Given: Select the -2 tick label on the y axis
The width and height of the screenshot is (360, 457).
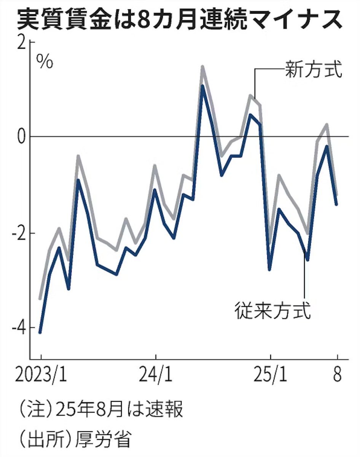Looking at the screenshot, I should click(x=18, y=233).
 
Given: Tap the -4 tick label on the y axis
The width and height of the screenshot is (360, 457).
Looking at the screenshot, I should click(x=18, y=328).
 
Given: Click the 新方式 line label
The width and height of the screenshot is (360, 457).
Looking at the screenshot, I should click(x=314, y=70).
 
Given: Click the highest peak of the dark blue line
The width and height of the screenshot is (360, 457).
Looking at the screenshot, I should click(x=202, y=86).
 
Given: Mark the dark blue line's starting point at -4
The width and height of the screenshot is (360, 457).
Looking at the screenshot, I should click(x=40, y=332).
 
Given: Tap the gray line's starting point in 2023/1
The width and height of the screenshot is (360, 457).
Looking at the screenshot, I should click(x=40, y=299).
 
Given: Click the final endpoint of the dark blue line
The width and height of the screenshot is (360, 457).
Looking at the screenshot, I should click(x=336, y=205).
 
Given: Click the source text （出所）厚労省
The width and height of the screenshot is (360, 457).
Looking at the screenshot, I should click(x=75, y=439).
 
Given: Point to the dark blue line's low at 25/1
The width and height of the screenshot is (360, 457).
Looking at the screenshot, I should click(x=269, y=270).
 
